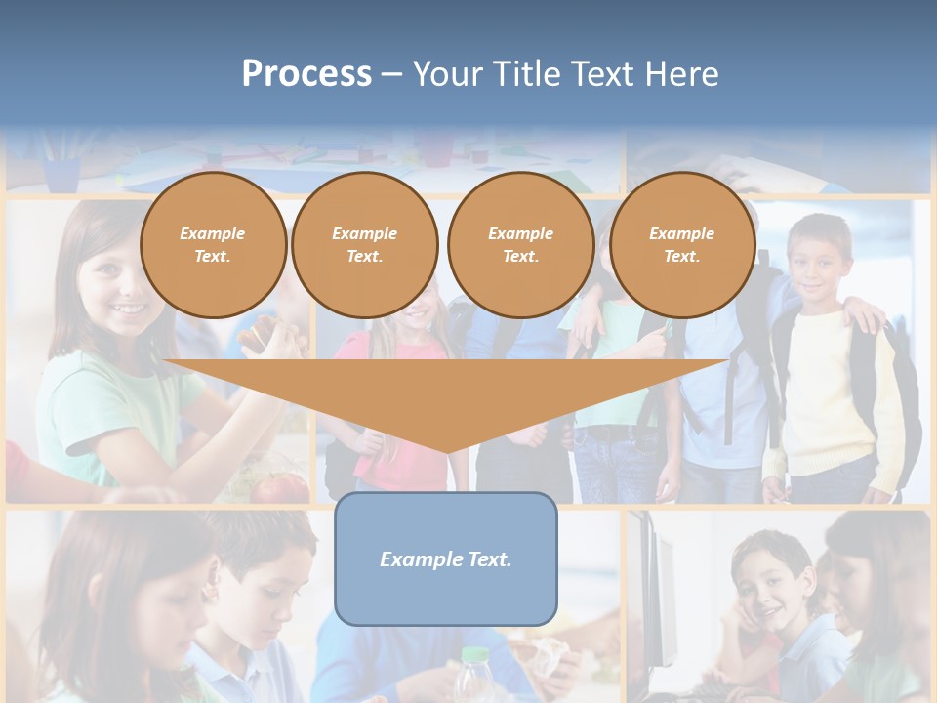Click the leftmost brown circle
213,245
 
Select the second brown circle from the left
364,245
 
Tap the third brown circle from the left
520,245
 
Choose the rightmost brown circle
681,245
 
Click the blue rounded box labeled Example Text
446,558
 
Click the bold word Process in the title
306,73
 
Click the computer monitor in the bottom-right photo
654,596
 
